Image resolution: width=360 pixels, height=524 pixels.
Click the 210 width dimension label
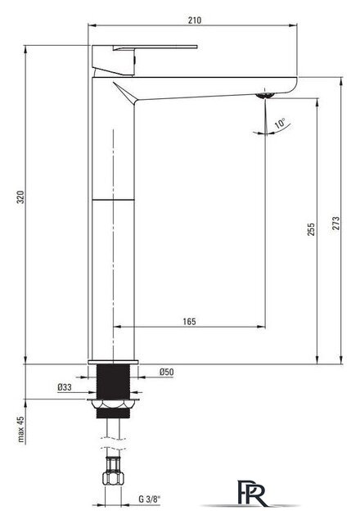point(195,20)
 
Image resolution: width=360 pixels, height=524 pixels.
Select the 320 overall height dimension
point(20,197)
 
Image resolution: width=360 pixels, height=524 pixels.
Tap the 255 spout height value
point(311,229)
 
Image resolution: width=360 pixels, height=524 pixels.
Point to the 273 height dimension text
point(336,224)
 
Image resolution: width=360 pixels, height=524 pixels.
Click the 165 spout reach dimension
point(189,322)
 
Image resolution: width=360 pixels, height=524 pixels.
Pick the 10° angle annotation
point(280,124)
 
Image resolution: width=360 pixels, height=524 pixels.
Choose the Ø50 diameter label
point(166,372)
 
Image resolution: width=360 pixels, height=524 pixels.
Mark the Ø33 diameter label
point(65,387)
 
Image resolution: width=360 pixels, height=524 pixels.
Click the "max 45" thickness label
point(21,429)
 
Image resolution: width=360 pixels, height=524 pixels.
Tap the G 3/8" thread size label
point(149,499)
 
